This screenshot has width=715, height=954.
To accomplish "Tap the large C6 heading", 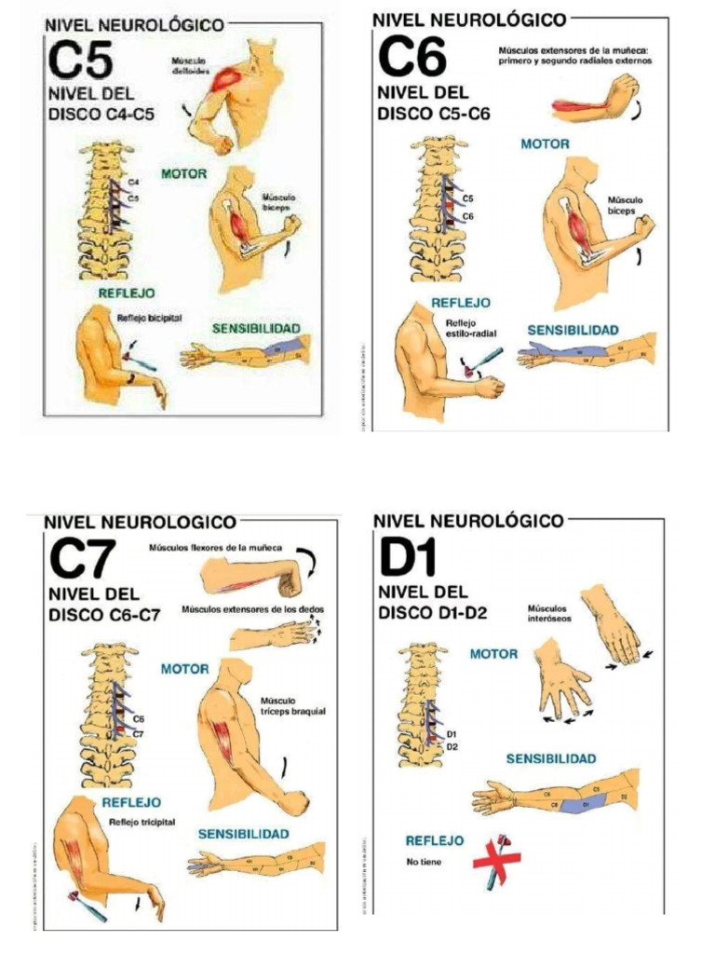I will pyautogui.click(x=412, y=58).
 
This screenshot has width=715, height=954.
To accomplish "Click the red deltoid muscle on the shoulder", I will pyautogui.click(x=227, y=78).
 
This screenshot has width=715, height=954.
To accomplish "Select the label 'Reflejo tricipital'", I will pyautogui.click(x=142, y=822).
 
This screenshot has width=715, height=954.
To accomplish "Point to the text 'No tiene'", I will pyautogui.click(x=424, y=862).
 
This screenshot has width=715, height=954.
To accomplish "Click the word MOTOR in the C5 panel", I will pyautogui.click(x=183, y=174).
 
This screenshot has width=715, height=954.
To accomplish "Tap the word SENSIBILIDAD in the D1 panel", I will pyautogui.click(x=551, y=759).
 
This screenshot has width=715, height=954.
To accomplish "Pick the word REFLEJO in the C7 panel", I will pyautogui.click(x=131, y=802).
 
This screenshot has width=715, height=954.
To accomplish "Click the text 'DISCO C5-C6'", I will pyautogui.click(x=433, y=115).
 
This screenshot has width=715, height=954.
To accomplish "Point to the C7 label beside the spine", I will pyautogui.click(x=139, y=733).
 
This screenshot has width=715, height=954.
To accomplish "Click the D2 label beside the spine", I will pyautogui.click(x=452, y=746).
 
